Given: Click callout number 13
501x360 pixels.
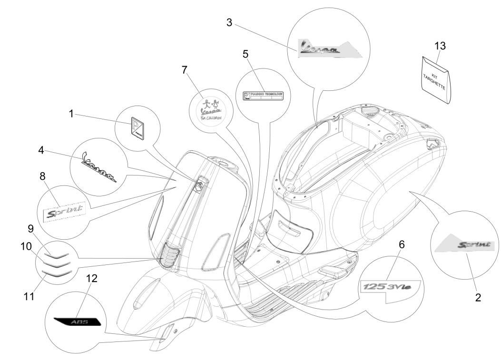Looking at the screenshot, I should point(440,46).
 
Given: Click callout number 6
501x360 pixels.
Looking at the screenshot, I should point(402,244).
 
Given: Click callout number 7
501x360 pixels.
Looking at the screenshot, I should point(185,70).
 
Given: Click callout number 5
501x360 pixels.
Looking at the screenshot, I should point(246,54).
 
